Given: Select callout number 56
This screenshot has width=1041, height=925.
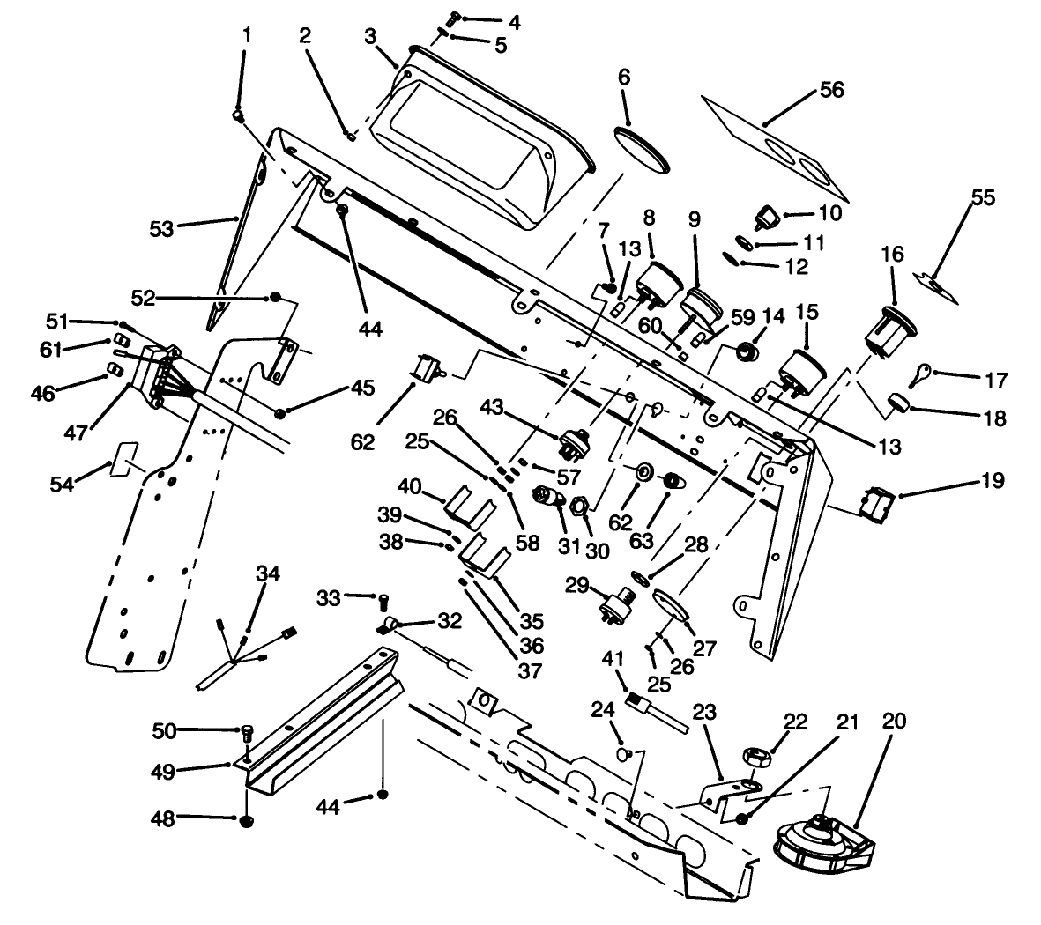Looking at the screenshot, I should [x=831, y=90].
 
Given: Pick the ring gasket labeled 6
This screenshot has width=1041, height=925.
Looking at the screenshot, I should [x=641, y=147].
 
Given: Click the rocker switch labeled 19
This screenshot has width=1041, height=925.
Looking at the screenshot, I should [x=878, y=502].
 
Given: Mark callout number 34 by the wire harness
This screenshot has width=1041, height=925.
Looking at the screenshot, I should [x=267, y=574].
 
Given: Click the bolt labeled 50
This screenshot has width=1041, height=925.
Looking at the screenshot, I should [x=248, y=731].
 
